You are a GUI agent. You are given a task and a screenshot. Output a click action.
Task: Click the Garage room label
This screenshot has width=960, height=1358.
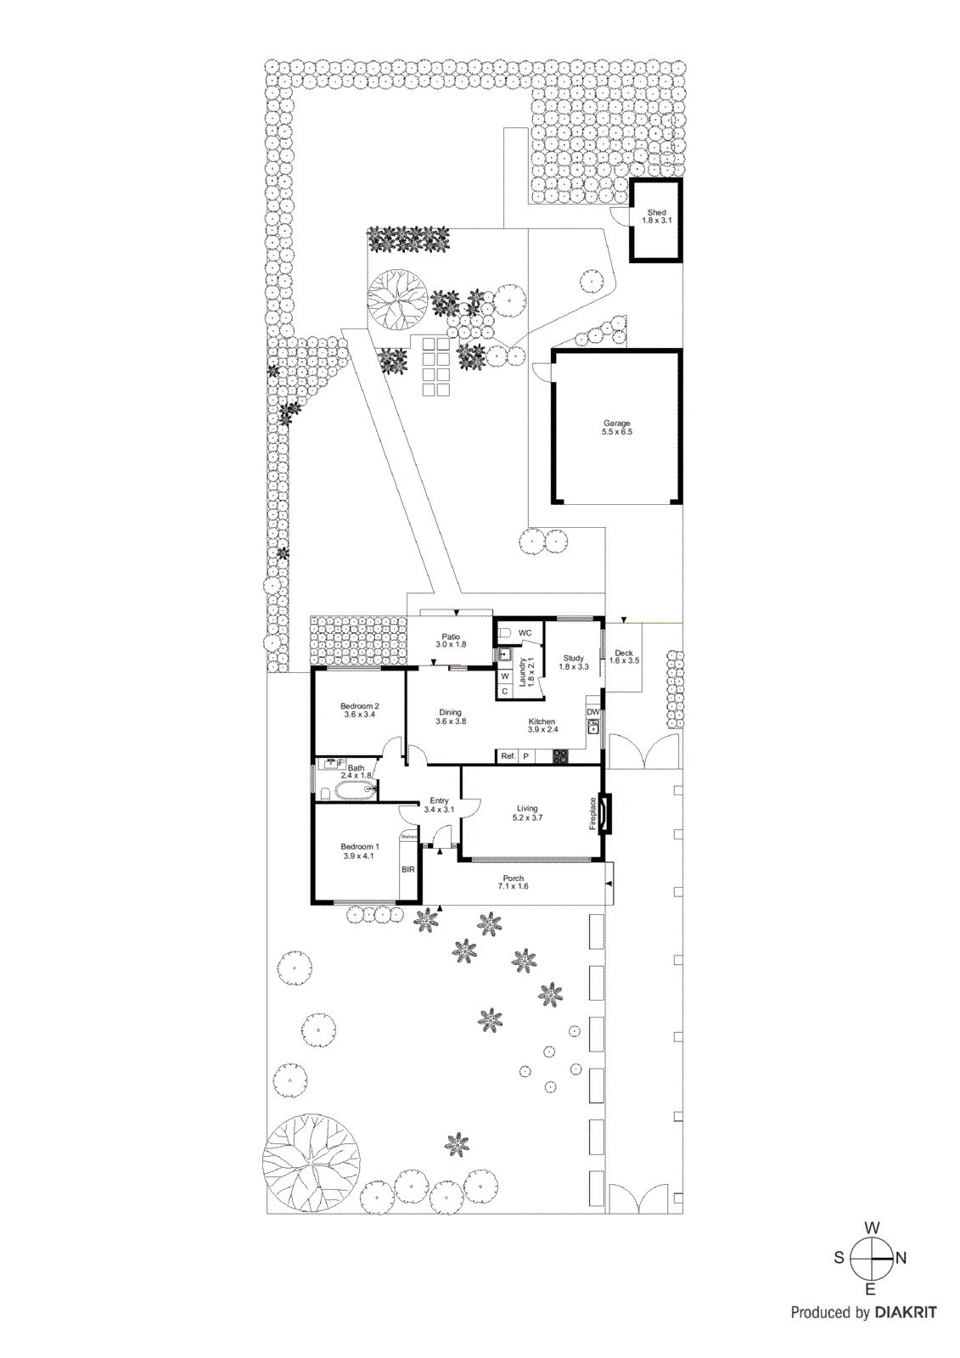coord(617,424)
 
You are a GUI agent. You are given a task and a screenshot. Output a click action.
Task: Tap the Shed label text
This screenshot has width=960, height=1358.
coord(656,212)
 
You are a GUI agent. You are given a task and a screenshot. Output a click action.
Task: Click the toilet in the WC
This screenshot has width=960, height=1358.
coord(503,633)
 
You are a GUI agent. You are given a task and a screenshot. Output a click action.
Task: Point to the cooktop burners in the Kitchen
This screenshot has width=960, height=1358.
coord(561,755)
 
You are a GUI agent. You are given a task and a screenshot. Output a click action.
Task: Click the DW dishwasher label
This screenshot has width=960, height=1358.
coord(593,711)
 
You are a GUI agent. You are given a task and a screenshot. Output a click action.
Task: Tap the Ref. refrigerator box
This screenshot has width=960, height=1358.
coord(508,755)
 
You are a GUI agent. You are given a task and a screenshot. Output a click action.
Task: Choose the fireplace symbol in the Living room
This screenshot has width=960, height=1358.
coord(604,813)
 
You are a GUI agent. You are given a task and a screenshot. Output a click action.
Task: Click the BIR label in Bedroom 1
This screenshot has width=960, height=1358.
coord(408,869)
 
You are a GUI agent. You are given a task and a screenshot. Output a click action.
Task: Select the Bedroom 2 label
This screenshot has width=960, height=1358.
coord(359,706)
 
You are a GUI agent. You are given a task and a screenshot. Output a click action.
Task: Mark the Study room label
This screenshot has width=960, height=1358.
coord(574,658)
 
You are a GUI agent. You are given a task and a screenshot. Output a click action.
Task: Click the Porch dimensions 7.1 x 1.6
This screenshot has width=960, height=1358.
coord(513,887)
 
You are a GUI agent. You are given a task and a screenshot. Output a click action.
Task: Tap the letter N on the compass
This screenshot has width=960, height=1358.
coord(901,1258)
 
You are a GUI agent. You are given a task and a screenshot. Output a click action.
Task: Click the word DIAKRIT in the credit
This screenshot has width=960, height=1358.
coord(906,1312)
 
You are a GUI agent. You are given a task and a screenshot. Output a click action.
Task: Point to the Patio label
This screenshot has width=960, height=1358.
coord(451,637)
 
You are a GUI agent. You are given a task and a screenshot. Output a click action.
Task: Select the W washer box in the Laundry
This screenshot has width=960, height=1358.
coord(504,676)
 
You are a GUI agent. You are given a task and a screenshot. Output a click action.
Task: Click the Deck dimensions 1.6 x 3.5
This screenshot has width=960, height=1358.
coord(624,661)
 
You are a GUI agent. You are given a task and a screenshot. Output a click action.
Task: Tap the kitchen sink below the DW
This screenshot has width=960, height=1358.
coord(593,727)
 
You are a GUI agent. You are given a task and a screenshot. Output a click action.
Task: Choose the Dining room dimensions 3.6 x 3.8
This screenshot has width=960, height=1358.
coord(450,721)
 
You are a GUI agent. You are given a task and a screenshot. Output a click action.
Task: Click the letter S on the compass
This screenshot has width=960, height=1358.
coord(839,1258)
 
